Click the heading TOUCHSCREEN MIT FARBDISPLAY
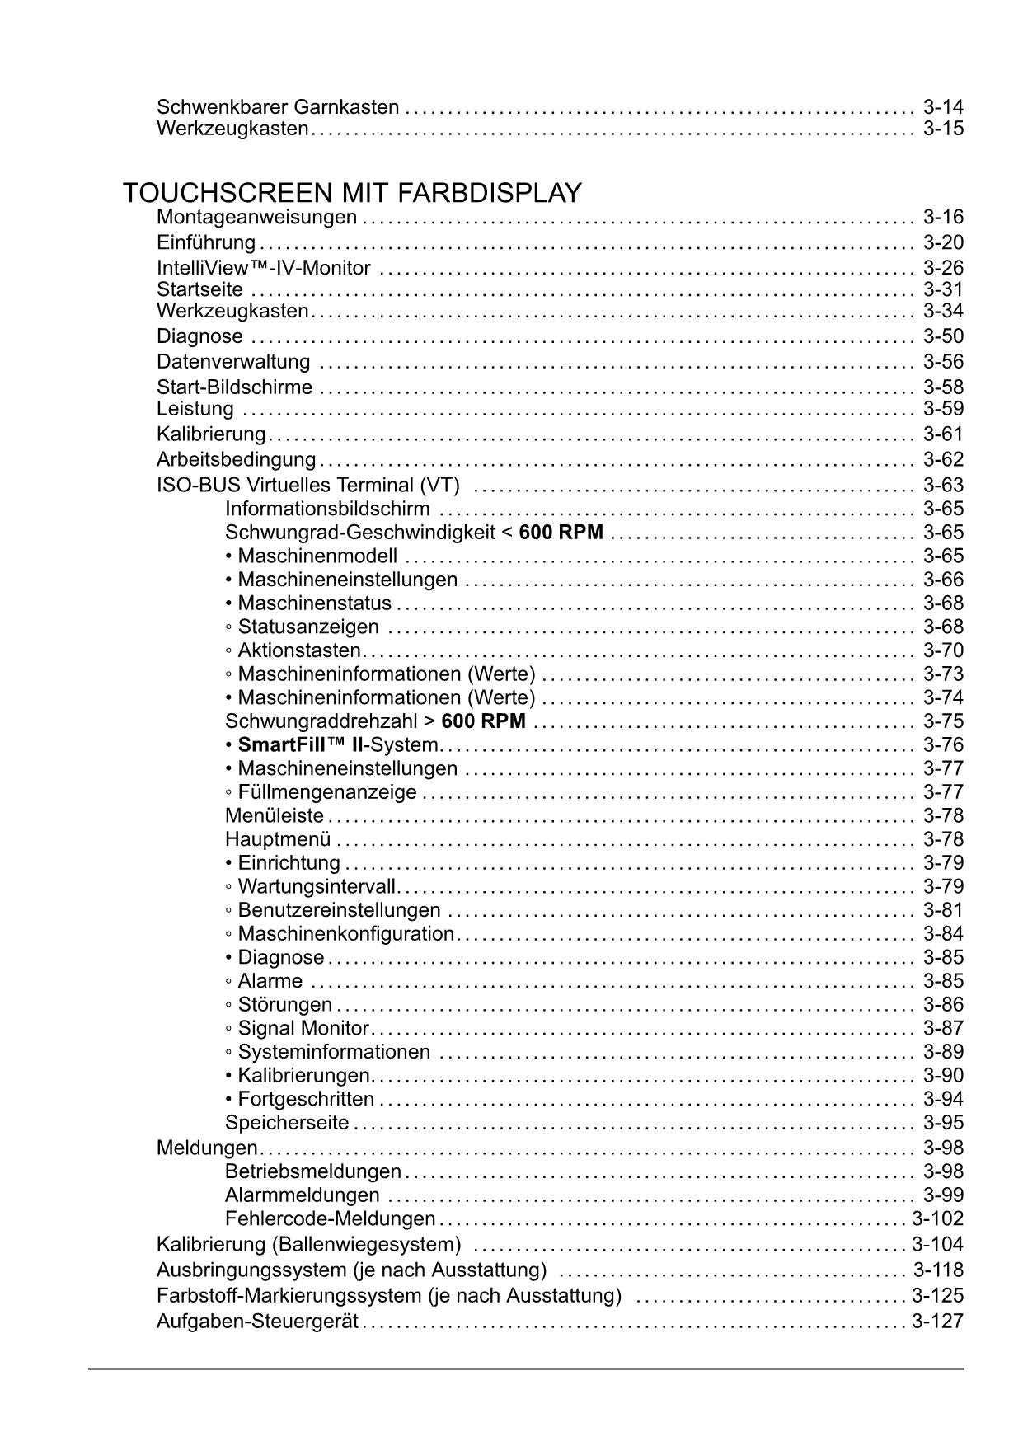(352, 193)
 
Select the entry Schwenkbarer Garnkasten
(278, 107)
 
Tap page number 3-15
(943, 129)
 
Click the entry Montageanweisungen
(256, 217)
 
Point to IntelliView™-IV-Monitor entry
(264, 268)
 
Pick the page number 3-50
(943, 336)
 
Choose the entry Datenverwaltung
(233, 362)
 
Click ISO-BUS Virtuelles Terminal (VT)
(307, 485)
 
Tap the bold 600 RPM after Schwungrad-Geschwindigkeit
(561, 533)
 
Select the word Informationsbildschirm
(327, 509)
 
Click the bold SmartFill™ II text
(300, 745)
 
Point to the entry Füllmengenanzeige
(326, 792)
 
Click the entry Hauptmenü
(278, 839)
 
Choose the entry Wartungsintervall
(317, 887)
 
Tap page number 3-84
(943, 934)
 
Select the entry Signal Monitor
(303, 1028)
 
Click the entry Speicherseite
(287, 1123)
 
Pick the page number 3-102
(937, 1218)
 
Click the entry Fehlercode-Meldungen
(330, 1218)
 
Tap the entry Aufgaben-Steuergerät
(257, 1322)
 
